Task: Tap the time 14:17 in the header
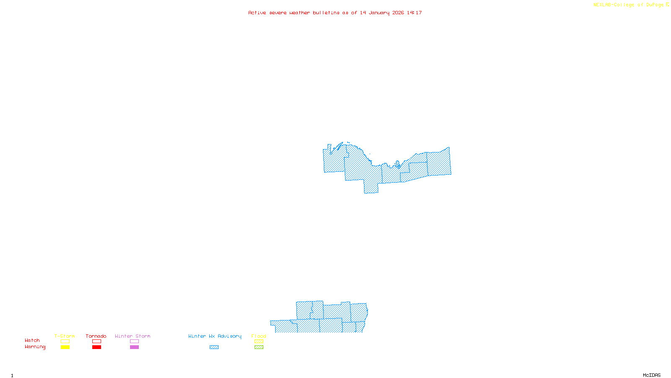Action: click(414, 13)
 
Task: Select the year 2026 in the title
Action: click(398, 13)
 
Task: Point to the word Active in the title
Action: click(257, 13)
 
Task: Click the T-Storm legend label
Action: click(65, 336)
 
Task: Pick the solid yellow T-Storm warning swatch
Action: click(65, 347)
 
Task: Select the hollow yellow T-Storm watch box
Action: click(65, 341)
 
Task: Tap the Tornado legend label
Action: click(96, 336)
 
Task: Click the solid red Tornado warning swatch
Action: click(96, 347)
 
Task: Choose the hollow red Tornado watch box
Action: click(96, 341)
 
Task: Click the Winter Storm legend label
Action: click(133, 336)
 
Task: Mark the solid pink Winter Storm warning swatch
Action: click(134, 347)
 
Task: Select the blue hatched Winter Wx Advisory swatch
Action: click(214, 347)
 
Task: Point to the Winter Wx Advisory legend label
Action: click(215, 336)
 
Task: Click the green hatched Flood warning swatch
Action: click(259, 347)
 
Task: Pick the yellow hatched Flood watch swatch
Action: click(259, 341)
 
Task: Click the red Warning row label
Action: click(35, 347)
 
